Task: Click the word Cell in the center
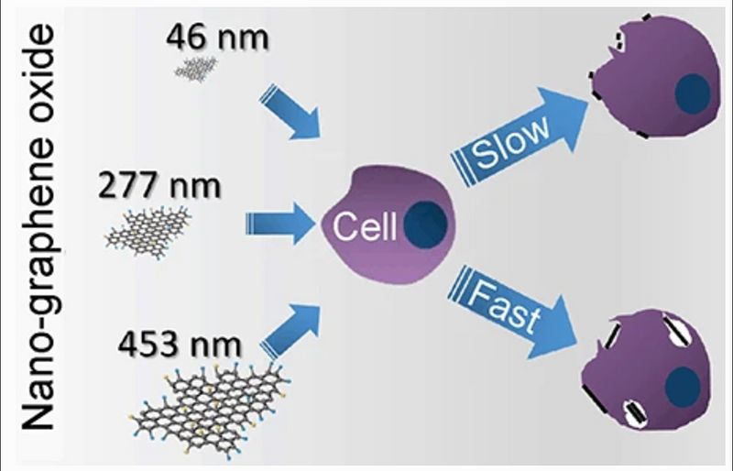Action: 364,226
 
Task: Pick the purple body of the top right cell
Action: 641,82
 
